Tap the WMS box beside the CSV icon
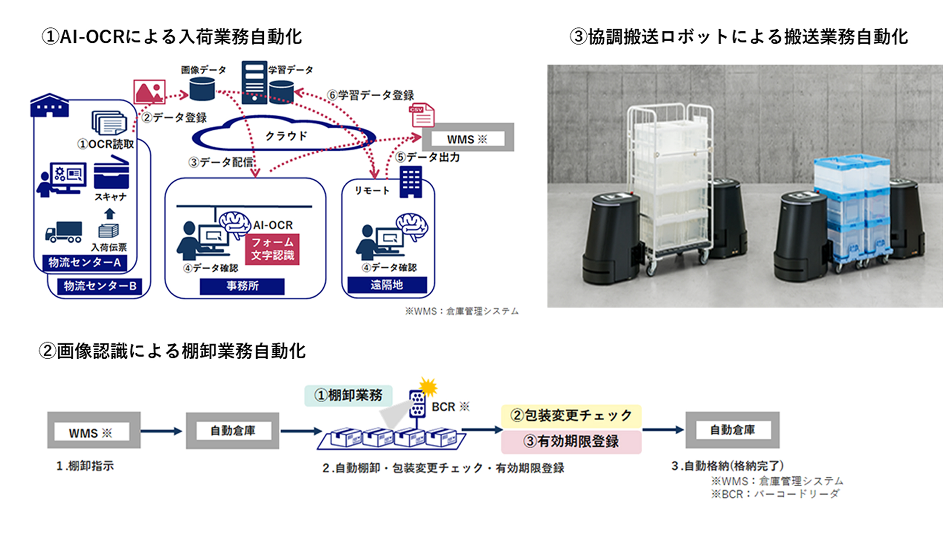coord(468,138)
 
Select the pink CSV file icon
coord(422,115)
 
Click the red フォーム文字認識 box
coord(272,249)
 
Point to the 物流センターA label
coord(84,262)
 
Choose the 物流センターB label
coord(100,286)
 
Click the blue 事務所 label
coord(242,286)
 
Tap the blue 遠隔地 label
coord(387,285)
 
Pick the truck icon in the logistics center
coord(63,232)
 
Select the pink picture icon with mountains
coord(149,92)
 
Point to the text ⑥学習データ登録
coord(370,95)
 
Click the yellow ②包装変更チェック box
coord(571,416)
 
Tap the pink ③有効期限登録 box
coord(571,441)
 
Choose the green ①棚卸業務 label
coord(348,395)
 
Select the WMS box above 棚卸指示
coord(94,430)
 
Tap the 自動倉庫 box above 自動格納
coord(732,430)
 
